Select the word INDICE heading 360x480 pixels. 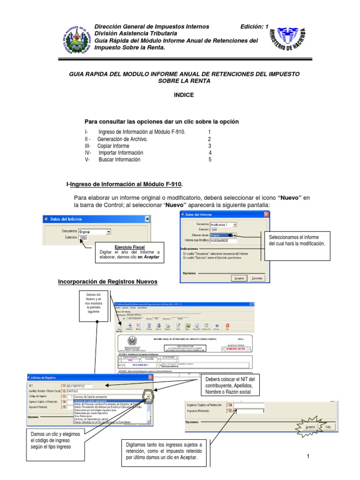(183, 95)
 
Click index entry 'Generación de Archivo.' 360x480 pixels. (122, 139)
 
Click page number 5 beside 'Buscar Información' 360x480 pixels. (210, 159)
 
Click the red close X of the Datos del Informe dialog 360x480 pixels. (266, 214)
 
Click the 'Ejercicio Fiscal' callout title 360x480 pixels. (130, 247)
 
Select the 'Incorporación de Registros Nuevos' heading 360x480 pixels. (107, 282)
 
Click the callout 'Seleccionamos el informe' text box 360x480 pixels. (297, 240)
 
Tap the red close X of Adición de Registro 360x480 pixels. (150, 377)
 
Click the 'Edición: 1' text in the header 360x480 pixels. (255, 27)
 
